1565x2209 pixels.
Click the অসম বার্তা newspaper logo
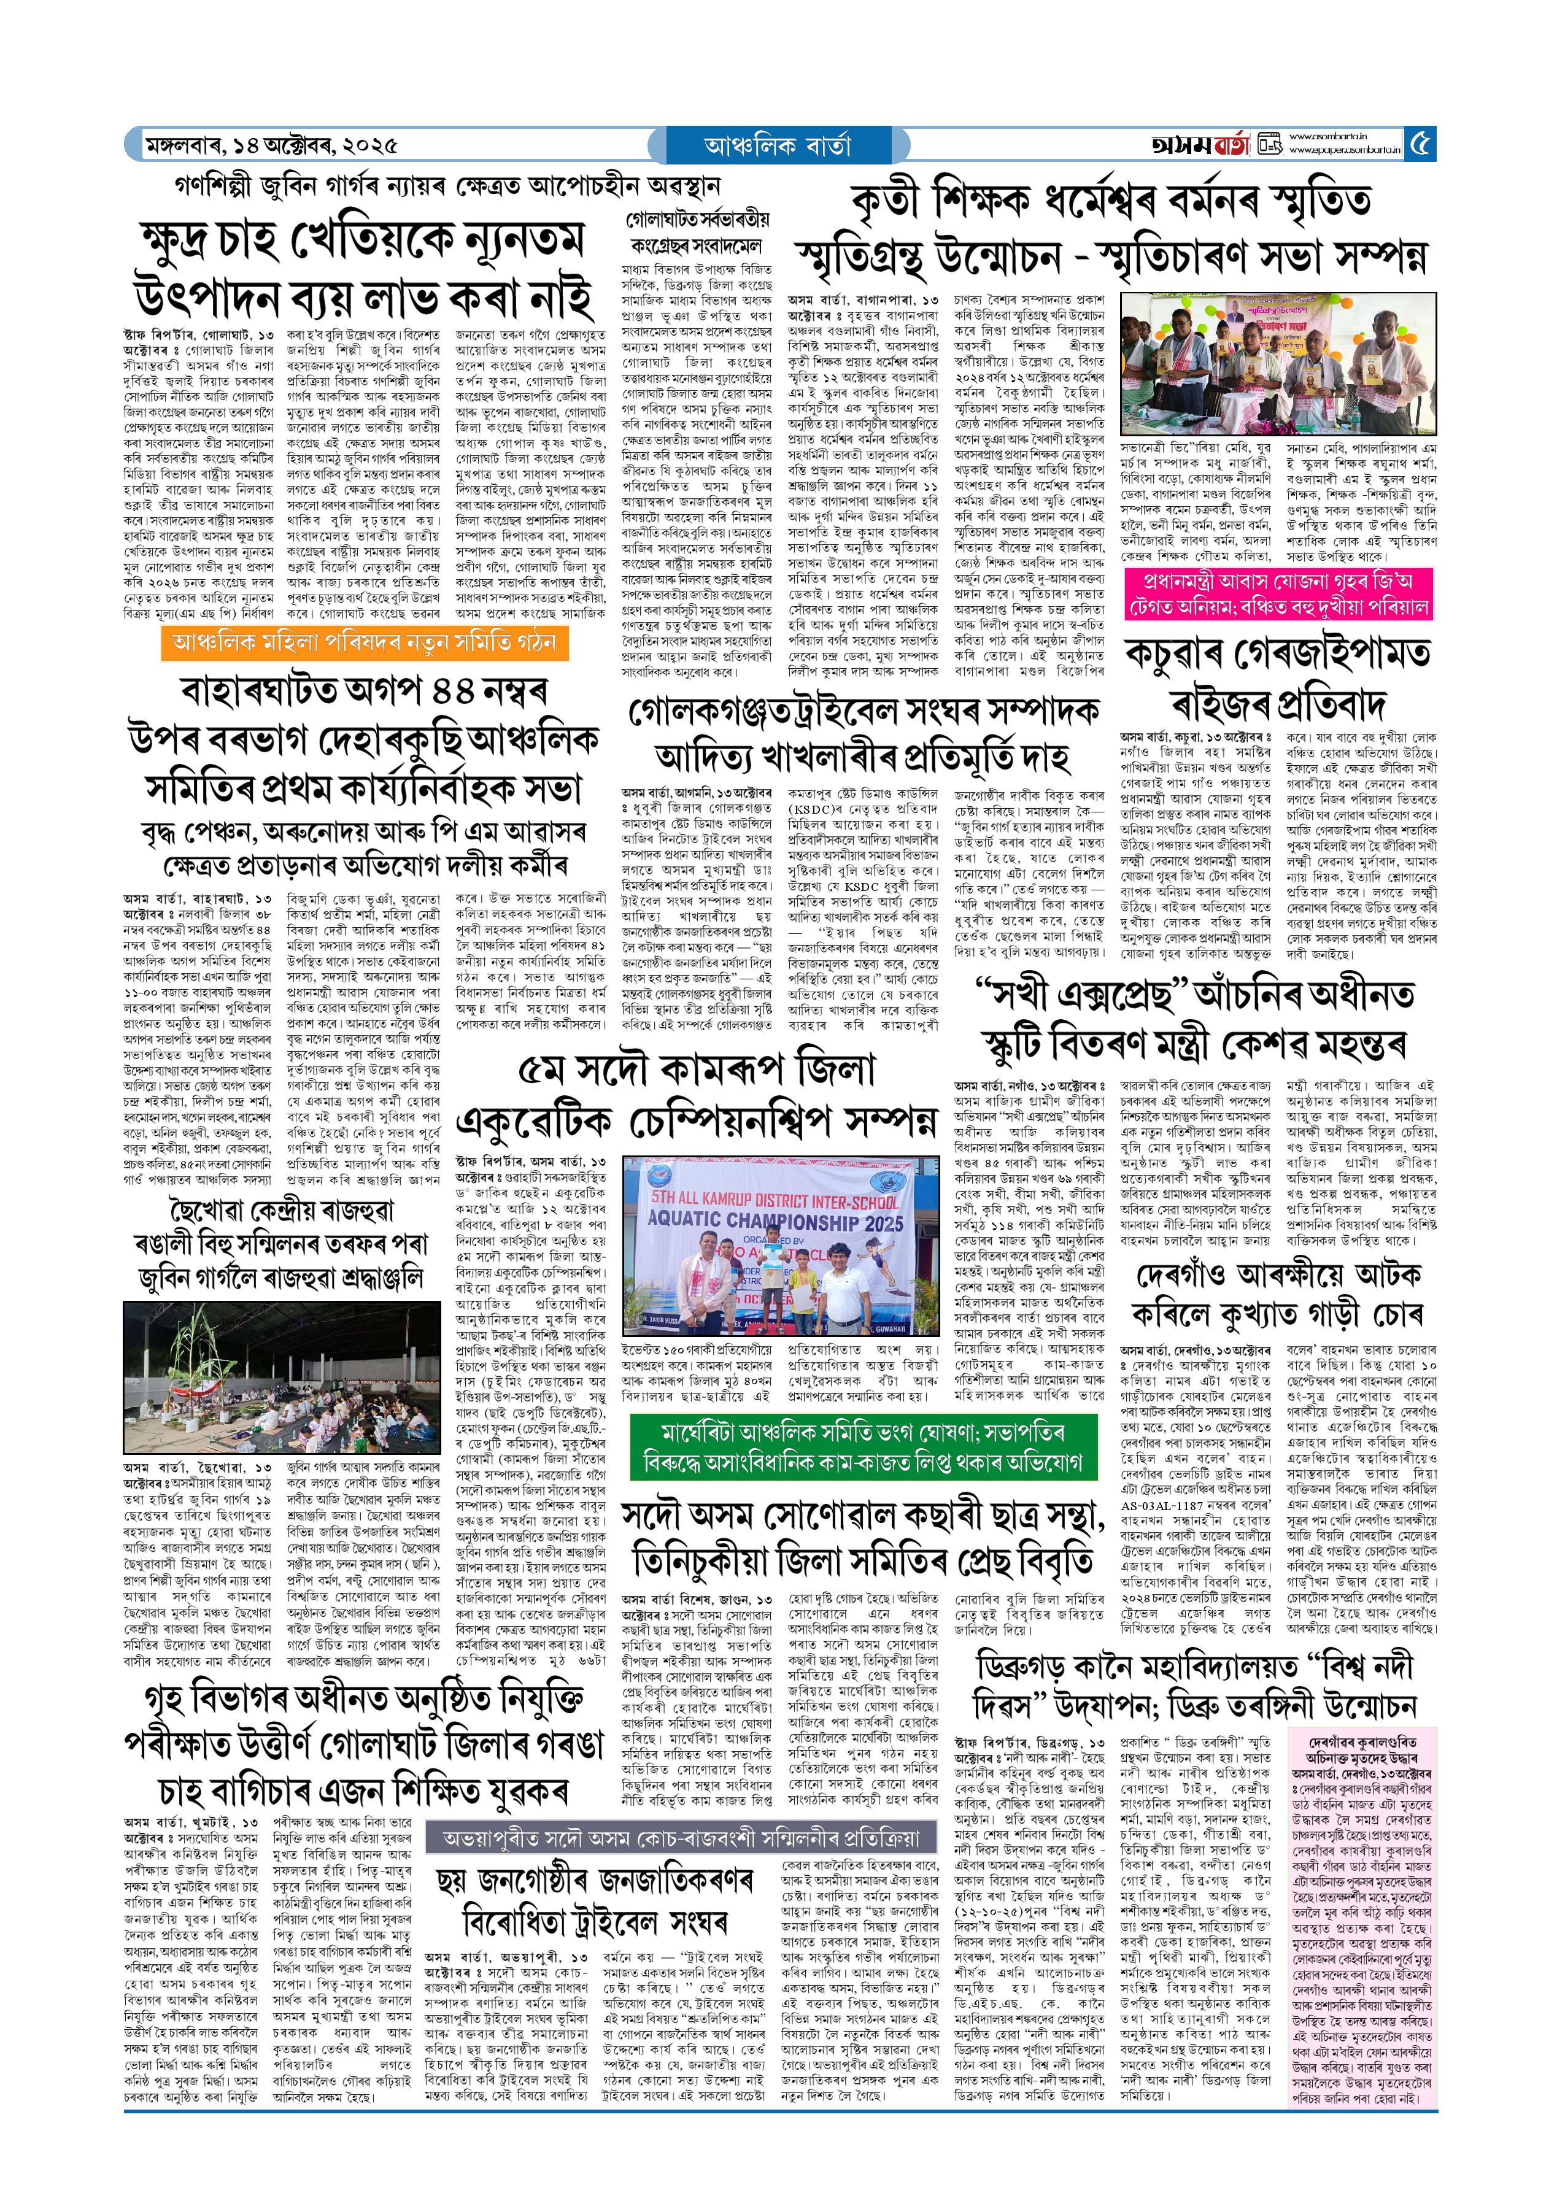pyautogui.click(x=1200, y=145)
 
